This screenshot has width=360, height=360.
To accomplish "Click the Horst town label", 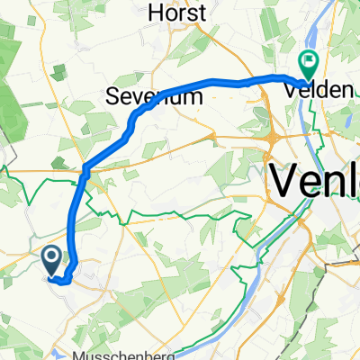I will coord(177,13).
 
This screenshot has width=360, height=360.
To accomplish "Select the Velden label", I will coord(310,87).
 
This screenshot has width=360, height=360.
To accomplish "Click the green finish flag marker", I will coord(308,64).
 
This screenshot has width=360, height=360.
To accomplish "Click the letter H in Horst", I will coord(155,13).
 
